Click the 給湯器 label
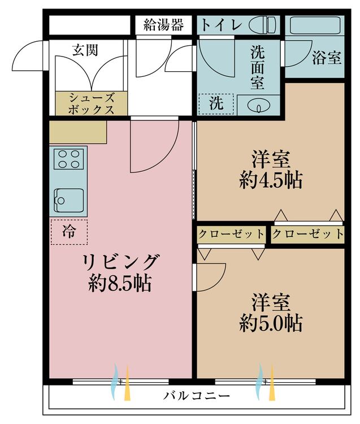click(x=163, y=24)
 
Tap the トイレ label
click(x=222, y=25)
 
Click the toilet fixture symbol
click(x=263, y=24)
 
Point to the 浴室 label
click(x=327, y=57)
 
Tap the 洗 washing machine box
click(x=215, y=104)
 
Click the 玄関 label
click(x=85, y=50)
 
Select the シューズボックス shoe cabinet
click(x=92, y=103)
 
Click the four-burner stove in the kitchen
click(x=68, y=158)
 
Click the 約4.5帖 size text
click(x=270, y=180)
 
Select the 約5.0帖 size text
click(x=270, y=323)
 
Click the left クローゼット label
click(x=231, y=233)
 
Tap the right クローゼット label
click(x=308, y=233)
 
